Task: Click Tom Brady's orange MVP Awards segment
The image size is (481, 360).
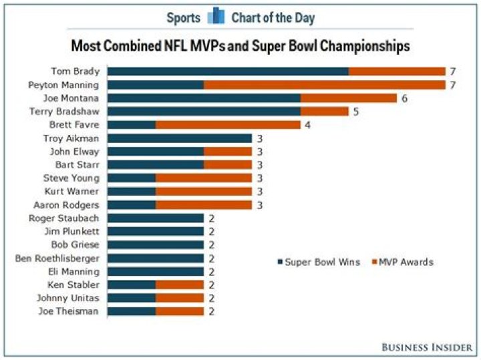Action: click(397, 71)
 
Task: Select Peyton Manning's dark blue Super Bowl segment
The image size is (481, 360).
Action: click(156, 85)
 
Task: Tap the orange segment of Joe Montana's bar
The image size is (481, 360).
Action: click(349, 98)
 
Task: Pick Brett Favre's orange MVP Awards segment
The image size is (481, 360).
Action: click(228, 125)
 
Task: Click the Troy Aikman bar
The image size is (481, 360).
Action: click(180, 138)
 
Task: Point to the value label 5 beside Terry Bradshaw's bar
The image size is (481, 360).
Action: click(356, 112)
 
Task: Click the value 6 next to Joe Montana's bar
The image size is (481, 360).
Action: click(404, 98)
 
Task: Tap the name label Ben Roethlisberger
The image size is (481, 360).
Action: click(57, 258)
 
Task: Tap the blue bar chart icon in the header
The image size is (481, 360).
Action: click(216, 16)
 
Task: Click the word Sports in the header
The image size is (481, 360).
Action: click(183, 17)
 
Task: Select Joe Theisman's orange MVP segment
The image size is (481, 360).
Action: click(180, 311)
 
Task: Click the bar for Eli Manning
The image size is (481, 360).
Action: click(156, 271)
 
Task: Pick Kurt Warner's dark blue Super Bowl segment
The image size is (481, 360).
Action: click(132, 191)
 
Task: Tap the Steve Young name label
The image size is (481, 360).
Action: click(71, 178)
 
